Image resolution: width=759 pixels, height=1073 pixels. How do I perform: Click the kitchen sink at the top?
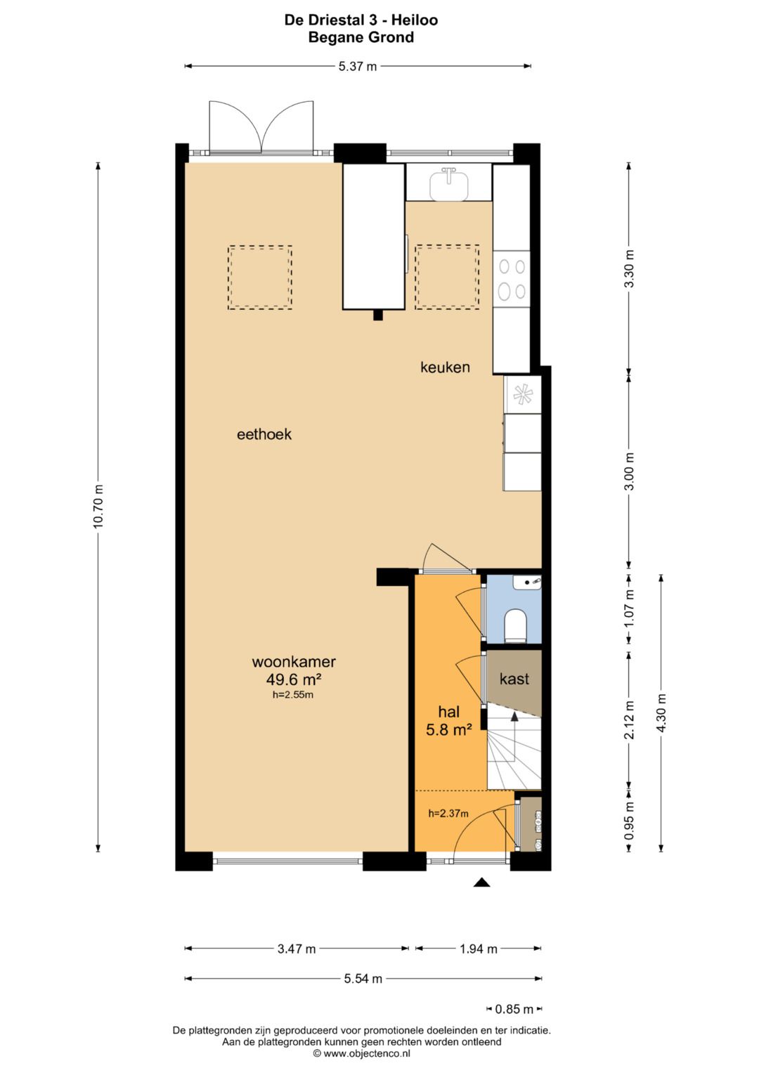(x=449, y=185)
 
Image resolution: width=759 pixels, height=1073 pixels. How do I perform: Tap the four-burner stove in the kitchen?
(x=512, y=279)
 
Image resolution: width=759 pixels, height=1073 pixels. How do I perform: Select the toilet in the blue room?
(x=516, y=625)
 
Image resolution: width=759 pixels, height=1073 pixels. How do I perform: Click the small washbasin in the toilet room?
(x=527, y=582)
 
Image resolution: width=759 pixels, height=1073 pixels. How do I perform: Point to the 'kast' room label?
(x=514, y=679)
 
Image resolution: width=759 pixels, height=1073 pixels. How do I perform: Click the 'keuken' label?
(x=445, y=368)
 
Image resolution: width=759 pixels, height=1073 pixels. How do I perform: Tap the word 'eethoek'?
(x=264, y=434)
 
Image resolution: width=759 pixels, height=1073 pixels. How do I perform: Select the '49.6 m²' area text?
(x=293, y=679)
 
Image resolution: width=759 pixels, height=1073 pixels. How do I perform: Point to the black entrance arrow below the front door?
(x=481, y=883)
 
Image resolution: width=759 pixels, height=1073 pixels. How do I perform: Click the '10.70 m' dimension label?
(x=98, y=507)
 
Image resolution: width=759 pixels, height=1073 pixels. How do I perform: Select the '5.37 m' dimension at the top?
(x=358, y=67)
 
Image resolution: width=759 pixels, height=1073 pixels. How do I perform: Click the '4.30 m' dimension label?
(x=661, y=713)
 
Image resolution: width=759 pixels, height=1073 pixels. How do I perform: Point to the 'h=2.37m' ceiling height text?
(x=448, y=814)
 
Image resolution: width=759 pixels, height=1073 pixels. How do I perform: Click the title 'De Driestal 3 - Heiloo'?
(x=361, y=20)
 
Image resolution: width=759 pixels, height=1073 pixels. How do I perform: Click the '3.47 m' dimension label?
(x=297, y=949)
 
